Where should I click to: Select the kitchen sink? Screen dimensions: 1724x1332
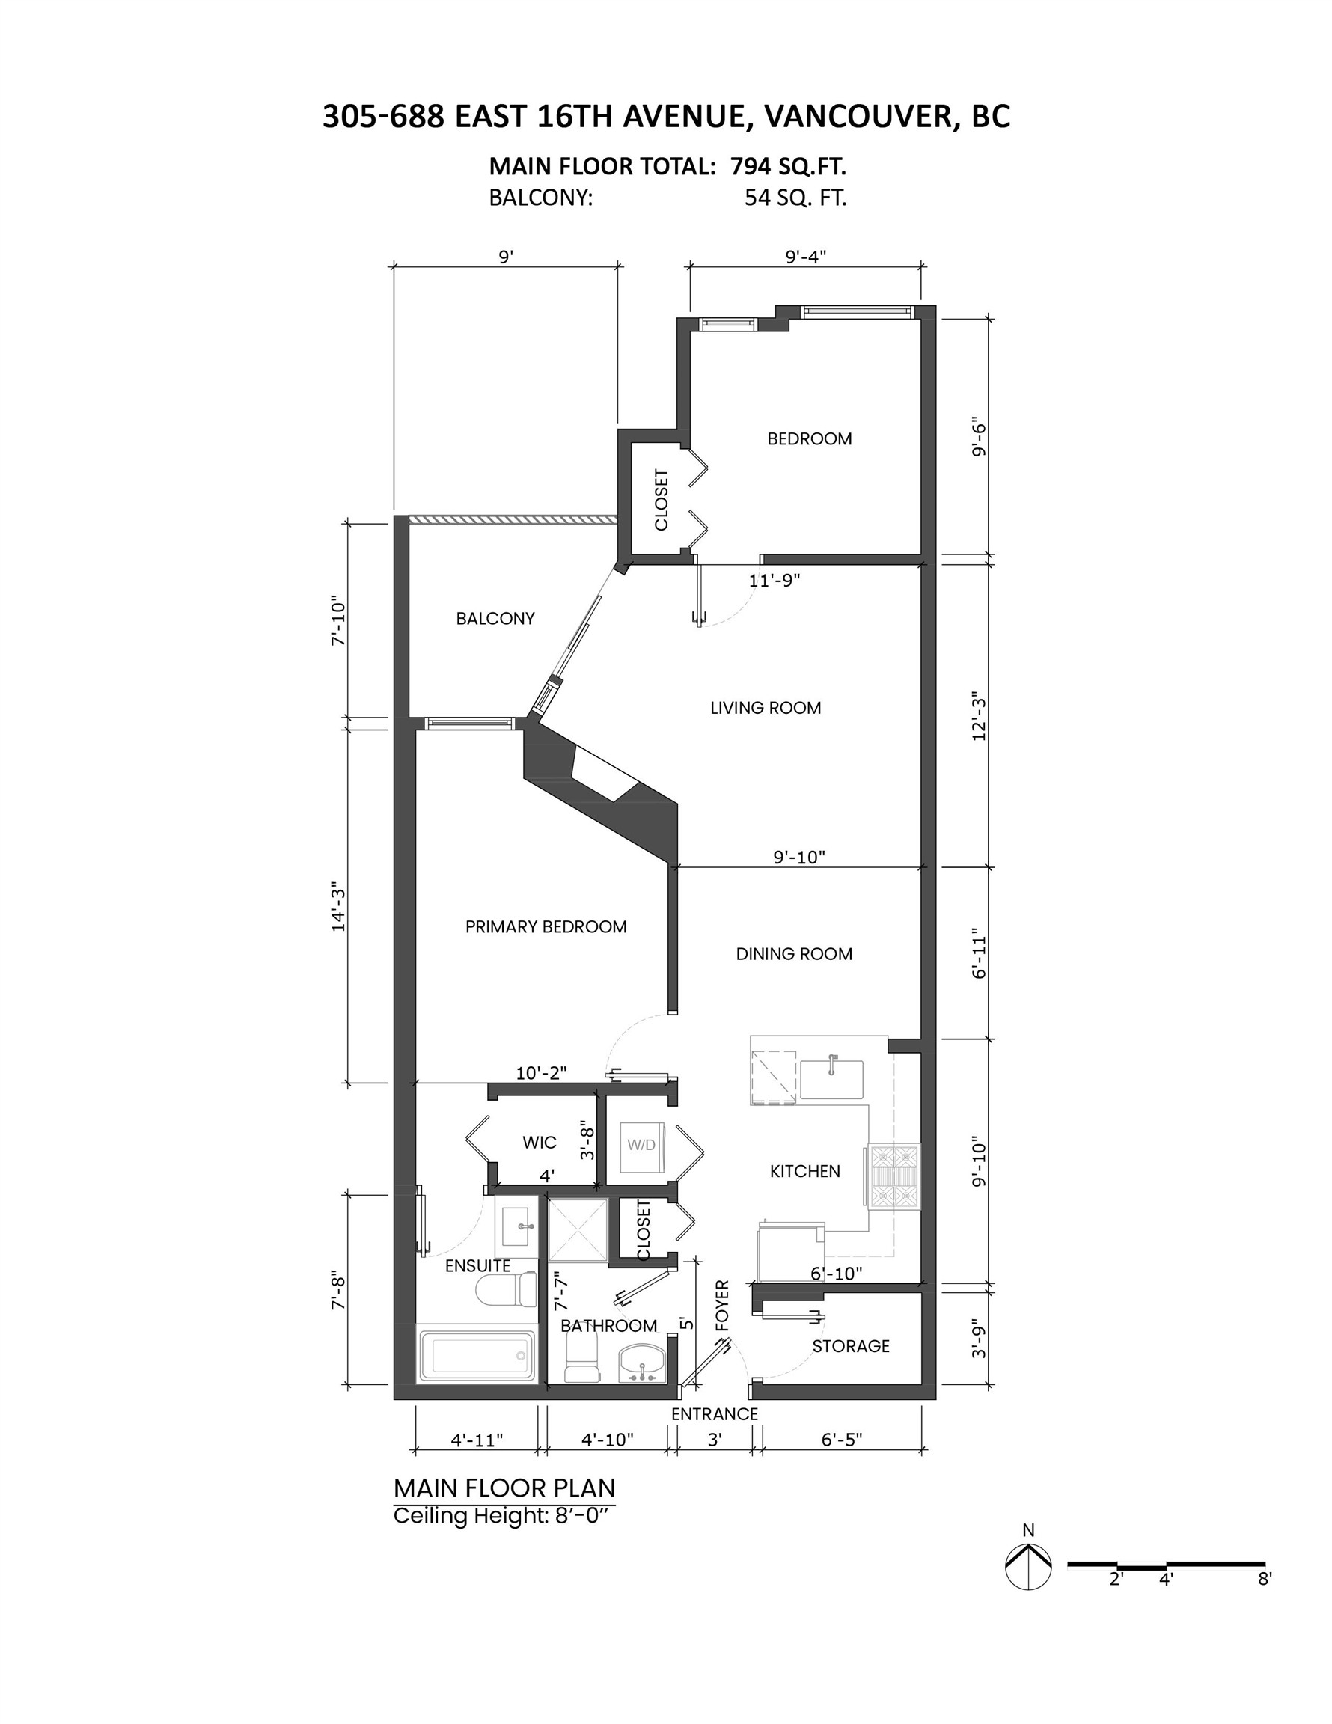831,1078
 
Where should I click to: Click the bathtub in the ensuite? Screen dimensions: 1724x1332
475,1354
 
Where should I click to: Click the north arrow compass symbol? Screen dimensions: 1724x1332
1028,1564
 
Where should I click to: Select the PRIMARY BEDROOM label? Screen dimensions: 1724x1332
546,927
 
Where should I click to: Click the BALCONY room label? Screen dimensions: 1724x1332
495,619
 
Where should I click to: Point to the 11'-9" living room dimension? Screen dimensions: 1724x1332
774,580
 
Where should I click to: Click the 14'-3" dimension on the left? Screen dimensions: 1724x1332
339,906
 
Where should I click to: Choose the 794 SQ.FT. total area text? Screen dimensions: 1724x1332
788,167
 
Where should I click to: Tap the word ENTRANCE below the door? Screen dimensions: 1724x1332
714,1413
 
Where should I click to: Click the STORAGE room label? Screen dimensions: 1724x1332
850,1346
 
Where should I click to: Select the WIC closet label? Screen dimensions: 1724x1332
540,1143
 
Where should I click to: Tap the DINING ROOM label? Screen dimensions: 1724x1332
793,953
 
